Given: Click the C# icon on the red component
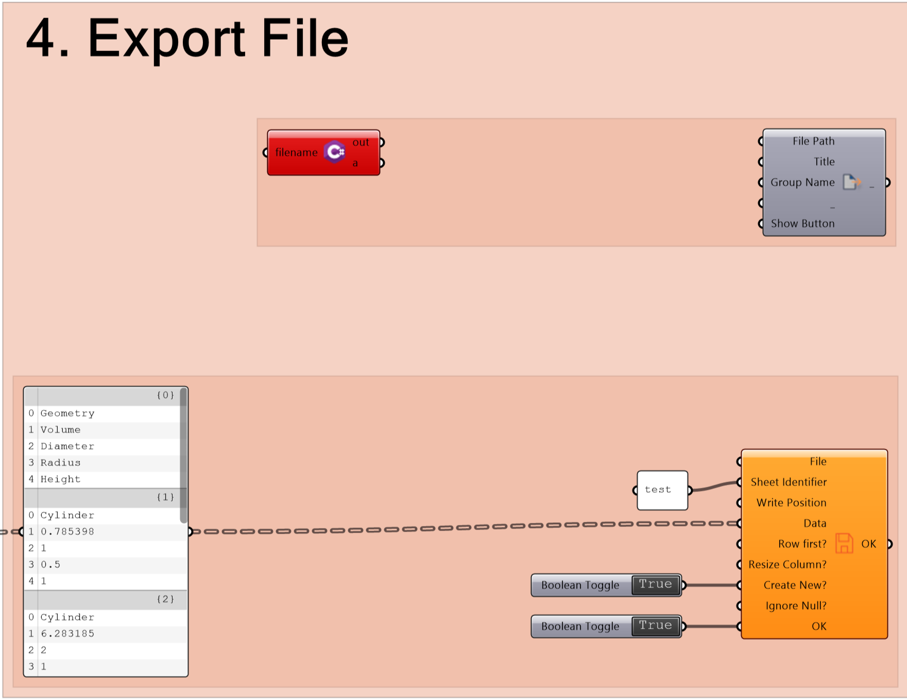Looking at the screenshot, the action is click(335, 152).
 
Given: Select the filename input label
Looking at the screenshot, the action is click(296, 152).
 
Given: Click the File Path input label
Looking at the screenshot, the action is click(813, 141).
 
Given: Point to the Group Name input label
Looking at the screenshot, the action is click(802, 182).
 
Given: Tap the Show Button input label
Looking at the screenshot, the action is click(802, 224).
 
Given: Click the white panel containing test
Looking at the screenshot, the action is click(662, 490).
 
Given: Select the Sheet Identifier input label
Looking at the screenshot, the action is click(789, 482).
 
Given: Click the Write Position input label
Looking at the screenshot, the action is click(791, 503).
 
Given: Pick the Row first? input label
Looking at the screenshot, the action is click(802, 544).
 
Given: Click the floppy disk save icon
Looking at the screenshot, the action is click(844, 543).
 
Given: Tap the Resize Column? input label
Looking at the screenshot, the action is click(788, 565).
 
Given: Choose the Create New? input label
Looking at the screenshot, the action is click(795, 585).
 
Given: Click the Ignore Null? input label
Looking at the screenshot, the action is click(796, 606).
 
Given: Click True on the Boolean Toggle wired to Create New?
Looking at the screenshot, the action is click(655, 585).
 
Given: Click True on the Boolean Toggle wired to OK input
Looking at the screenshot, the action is click(655, 626).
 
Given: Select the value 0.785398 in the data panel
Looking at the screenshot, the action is click(67, 532).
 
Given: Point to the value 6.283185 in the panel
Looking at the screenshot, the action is click(67, 634).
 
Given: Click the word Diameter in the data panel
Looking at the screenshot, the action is click(67, 446).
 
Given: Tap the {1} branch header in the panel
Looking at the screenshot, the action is click(165, 497).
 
